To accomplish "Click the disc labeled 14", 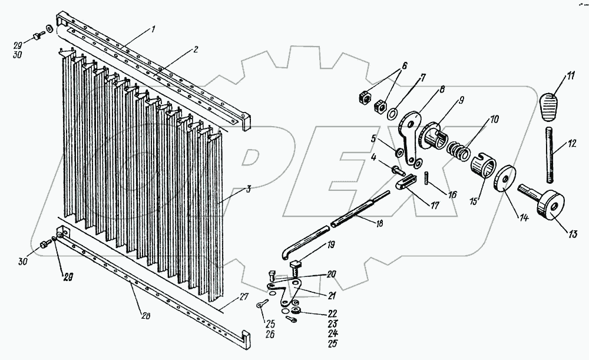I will (x=504, y=181).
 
